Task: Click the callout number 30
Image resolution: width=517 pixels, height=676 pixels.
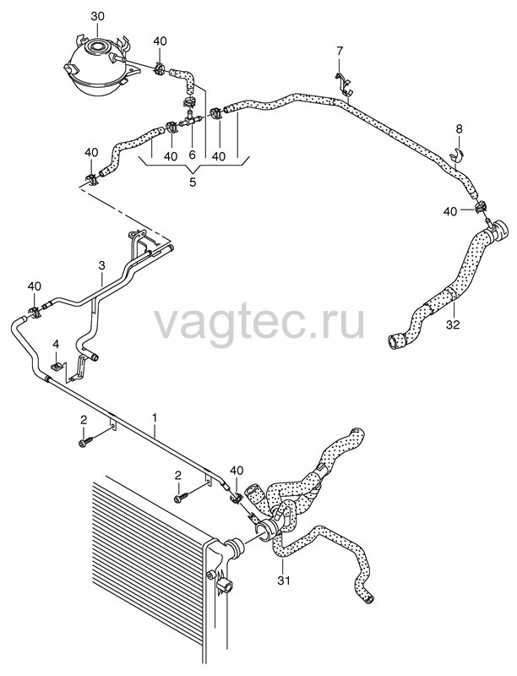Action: pyautogui.click(x=97, y=17)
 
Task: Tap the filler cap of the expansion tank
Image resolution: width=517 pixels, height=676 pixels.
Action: pyautogui.click(x=97, y=46)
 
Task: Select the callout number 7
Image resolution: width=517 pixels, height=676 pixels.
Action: pyautogui.click(x=340, y=52)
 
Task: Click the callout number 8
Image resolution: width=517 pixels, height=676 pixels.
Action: pyautogui.click(x=459, y=128)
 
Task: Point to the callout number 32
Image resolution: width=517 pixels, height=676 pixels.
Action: pyautogui.click(x=454, y=324)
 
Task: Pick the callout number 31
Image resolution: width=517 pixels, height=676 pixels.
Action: pyautogui.click(x=284, y=581)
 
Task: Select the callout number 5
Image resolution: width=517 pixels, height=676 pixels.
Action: pyautogui.click(x=192, y=182)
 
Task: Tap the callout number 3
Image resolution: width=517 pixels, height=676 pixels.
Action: pyautogui.click(x=101, y=265)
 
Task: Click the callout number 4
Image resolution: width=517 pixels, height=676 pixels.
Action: pyautogui.click(x=56, y=344)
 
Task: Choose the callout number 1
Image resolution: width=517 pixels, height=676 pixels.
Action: pyautogui.click(x=155, y=417)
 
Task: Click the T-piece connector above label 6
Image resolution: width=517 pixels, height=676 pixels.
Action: pyautogui.click(x=190, y=119)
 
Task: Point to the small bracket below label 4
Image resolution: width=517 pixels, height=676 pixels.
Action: pyautogui.click(x=57, y=366)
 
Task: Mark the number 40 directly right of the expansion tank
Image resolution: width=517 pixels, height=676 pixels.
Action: pyautogui.click(x=160, y=41)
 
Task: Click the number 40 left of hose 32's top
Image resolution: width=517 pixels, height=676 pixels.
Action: pyautogui.click(x=450, y=212)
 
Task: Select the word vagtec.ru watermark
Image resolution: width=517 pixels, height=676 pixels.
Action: pyautogui.click(x=259, y=321)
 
